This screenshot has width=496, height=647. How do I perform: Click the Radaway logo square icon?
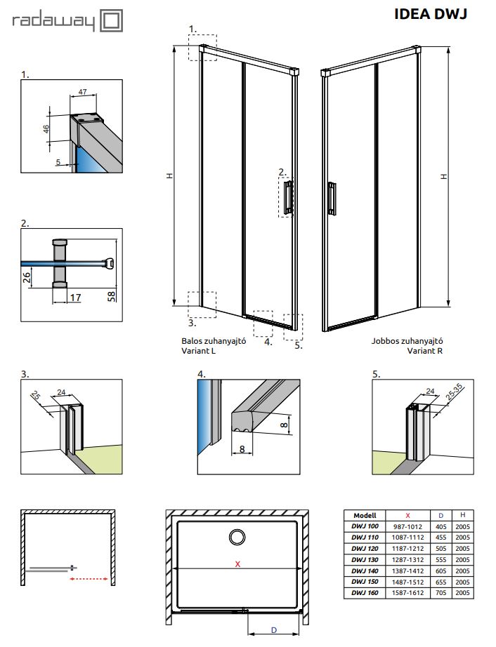(112, 20)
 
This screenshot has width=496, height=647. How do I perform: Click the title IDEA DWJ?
(430, 14)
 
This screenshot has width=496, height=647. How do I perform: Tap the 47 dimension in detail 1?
(82, 93)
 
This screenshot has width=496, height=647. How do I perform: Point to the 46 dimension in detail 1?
(46, 128)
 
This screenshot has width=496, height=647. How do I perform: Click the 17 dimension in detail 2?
(75, 298)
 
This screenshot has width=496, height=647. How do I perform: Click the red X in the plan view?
(237, 563)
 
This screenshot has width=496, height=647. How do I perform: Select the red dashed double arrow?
(90, 580)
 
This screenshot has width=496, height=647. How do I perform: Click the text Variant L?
(197, 351)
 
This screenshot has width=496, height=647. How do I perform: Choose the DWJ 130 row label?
(365, 559)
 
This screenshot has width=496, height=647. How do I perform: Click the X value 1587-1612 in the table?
(408, 594)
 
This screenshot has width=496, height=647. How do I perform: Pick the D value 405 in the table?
(440, 526)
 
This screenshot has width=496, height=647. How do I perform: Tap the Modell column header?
(365, 514)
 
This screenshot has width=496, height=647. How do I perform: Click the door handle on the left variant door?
(288, 196)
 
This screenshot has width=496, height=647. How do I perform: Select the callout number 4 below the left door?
(267, 342)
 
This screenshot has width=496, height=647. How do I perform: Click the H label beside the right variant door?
(443, 176)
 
